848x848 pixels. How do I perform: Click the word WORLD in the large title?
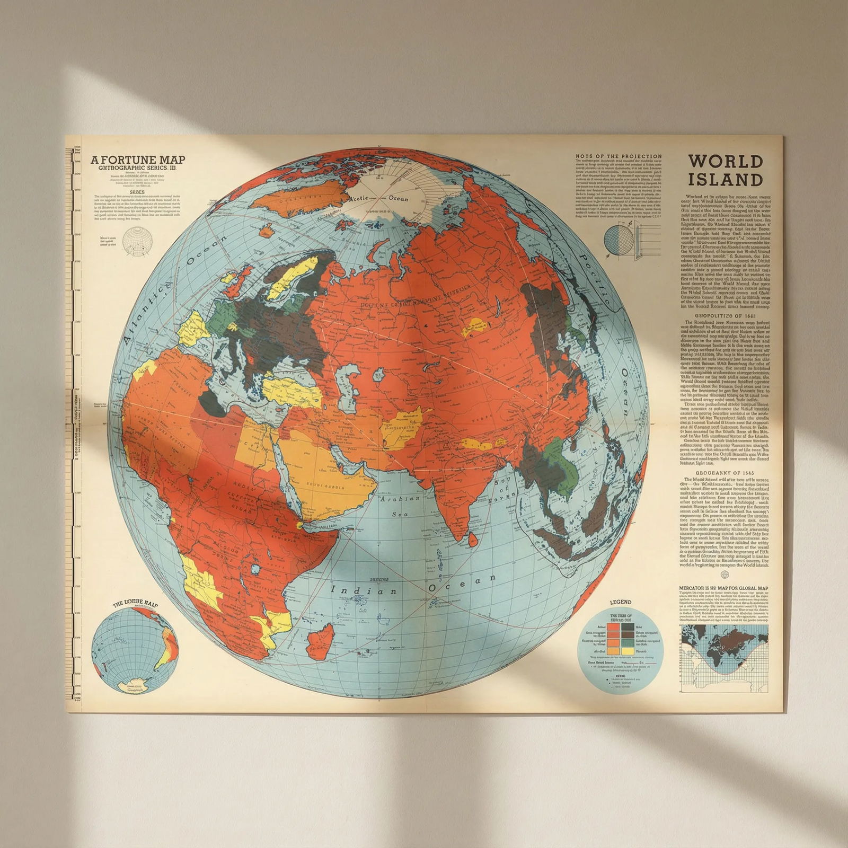[x=725, y=161]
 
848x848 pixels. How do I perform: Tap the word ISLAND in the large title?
[x=725, y=180]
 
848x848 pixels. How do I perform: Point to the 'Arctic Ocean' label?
[x=379, y=198]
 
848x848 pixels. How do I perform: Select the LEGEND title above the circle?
[x=621, y=602]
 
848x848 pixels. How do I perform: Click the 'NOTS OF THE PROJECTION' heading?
[x=619, y=156]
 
